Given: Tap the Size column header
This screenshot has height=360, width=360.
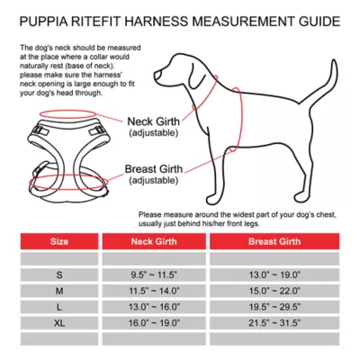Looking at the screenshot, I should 58,242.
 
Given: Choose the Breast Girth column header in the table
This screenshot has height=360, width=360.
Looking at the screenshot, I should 274,242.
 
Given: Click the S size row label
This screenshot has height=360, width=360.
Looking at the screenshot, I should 58,274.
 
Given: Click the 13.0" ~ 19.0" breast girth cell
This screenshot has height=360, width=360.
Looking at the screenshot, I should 274,274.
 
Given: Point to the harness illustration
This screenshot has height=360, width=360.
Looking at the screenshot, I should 63,153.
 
